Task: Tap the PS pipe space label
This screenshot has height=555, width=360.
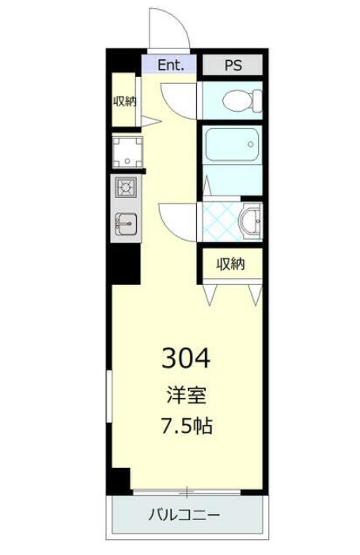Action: coord(233,65)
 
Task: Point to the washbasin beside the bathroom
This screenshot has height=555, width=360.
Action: coord(250,221)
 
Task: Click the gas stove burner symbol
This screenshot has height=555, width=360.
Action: coord(126,188)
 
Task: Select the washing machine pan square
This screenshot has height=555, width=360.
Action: coord(127,151)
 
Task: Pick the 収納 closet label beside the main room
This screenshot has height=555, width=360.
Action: coord(231,264)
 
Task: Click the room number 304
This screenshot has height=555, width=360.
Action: coord(186,359)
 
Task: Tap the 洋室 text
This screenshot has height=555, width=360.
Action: coord(186,393)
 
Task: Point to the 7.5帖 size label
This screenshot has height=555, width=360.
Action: coord(186,426)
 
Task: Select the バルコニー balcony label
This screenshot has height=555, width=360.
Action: coord(185,515)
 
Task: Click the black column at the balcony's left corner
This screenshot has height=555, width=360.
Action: coord(119,480)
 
